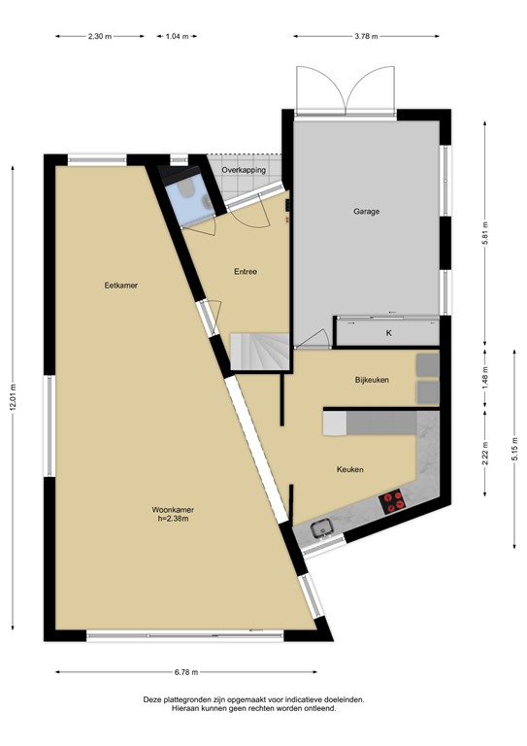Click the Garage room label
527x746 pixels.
click(x=366, y=211)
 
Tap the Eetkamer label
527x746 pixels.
click(x=119, y=285)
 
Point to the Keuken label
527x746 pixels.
click(x=349, y=469)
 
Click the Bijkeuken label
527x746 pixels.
click(x=372, y=380)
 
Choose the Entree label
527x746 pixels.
click(x=245, y=271)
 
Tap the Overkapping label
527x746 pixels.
click(x=244, y=170)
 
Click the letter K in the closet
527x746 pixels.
click(x=388, y=333)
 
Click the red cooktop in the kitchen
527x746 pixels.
click(x=393, y=501)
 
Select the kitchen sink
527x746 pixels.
click(x=323, y=528)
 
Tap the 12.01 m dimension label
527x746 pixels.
click(x=14, y=399)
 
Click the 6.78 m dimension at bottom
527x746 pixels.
click(x=187, y=672)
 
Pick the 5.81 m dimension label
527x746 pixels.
click(x=485, y=234)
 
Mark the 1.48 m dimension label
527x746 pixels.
click(x=485, y=375)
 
